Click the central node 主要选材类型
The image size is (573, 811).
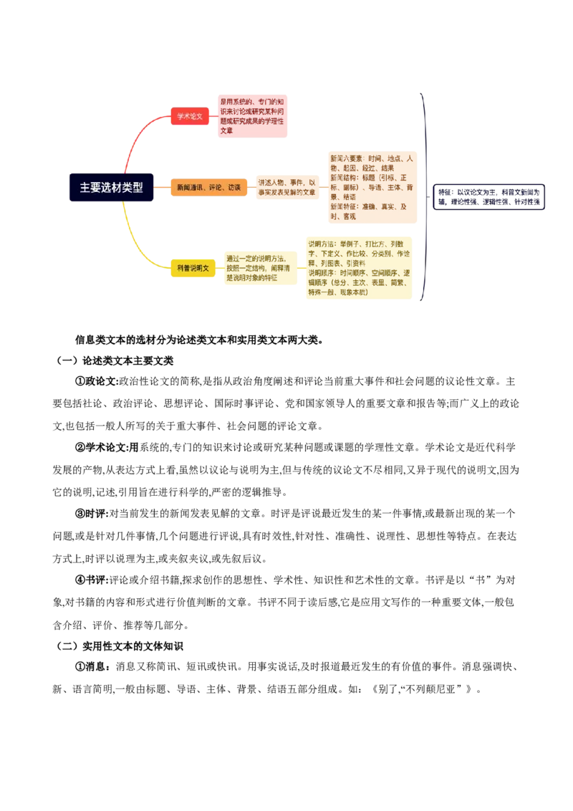[111, 188]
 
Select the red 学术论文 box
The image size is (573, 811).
[190, 116]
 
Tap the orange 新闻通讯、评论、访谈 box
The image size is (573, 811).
[208, 188]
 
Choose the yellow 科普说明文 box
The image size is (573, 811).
[193, 268]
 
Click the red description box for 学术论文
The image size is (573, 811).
[253, 116]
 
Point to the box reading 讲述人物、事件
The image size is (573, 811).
[286, 188]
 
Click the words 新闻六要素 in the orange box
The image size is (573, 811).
[346, 158]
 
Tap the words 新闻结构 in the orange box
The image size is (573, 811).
[342, 178]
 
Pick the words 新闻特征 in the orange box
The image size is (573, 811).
[342, 206]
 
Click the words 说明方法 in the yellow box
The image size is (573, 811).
[321, 244]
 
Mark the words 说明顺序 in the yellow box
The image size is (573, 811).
[321, 273]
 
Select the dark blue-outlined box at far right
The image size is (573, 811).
[489, 197]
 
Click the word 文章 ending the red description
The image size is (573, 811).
[226, 131]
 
